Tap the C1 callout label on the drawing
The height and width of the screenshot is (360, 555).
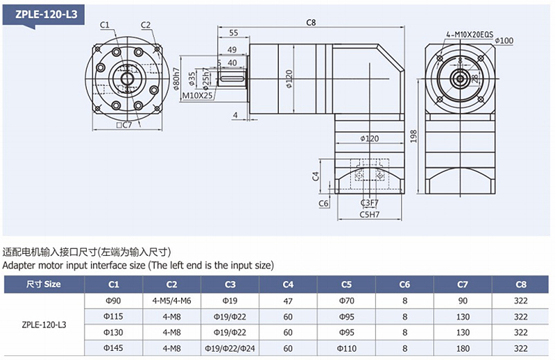(105, 25)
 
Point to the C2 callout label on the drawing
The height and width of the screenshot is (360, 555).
(146, 25)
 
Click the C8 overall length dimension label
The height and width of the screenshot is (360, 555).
(311, 22)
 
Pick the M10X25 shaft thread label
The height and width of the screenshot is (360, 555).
(197, 95)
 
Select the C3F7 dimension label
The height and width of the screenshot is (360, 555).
(370, 203)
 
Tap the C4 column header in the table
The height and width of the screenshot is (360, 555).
(288, 284)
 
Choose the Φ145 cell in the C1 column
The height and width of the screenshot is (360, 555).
(113, 348)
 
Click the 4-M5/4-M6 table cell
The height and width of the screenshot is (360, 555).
(171, 300)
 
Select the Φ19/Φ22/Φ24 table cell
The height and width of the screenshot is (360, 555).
(230, 348)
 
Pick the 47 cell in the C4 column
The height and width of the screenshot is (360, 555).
(288, 300)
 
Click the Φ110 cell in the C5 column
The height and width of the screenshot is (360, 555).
(346, 348)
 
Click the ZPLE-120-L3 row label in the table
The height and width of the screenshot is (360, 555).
(44, 324)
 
